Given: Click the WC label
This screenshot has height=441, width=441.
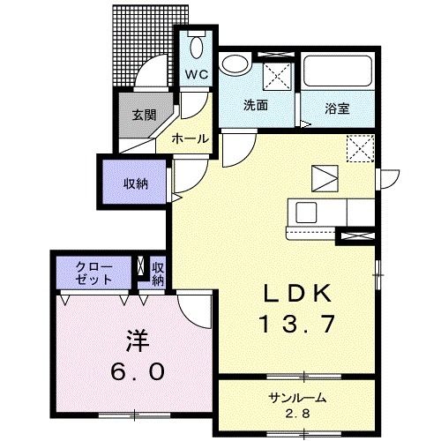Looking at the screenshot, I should point(195,75).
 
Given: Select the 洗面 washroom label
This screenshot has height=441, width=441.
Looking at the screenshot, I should point(256,105).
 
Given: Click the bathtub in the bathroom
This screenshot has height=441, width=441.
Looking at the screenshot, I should point(340,72).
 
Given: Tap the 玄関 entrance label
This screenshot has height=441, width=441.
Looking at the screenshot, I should point(145,115).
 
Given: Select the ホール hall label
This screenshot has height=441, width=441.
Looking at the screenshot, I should point(190,139).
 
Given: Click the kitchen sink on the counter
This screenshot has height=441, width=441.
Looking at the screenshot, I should point(308,213).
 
